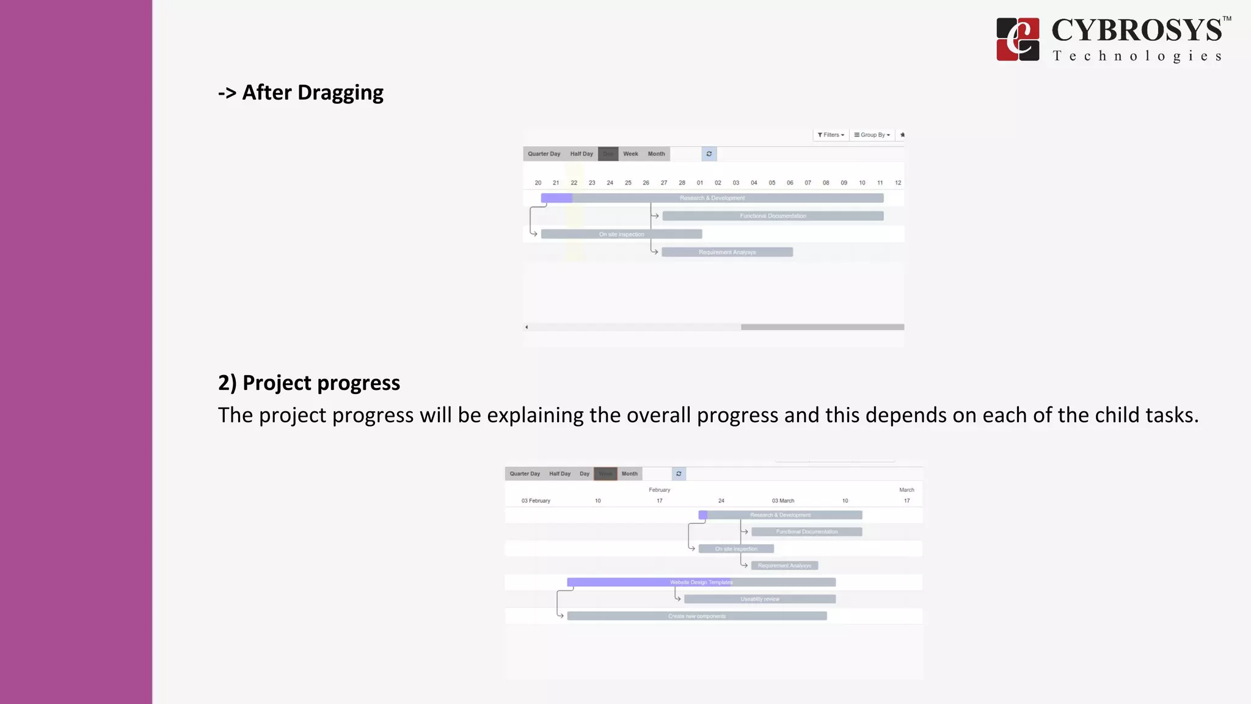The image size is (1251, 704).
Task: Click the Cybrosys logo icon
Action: click(1017, 39)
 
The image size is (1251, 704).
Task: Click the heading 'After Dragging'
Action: click(301, 92)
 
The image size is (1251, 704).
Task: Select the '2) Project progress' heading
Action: click(309, 383)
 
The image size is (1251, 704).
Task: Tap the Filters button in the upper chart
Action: click(831, 135)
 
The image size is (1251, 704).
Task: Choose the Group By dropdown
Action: click(872, 135)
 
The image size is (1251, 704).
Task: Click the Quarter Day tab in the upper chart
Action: click(544, 154)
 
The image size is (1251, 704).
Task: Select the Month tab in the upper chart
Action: click(656, 154)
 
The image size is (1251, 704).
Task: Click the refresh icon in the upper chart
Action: click(709, 154)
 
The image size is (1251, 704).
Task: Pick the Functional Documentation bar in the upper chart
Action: click(773, 216)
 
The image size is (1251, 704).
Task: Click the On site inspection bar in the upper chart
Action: click(621, 234)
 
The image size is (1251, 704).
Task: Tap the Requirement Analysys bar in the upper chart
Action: click(727, 252)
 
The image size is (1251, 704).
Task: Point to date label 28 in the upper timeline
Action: click(682, 183)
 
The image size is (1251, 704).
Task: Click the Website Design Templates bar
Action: click(701, 582)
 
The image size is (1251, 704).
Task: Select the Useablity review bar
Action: click(760, 599)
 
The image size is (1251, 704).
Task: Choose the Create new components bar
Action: click(697, 616)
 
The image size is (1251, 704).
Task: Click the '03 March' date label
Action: click(782, 501)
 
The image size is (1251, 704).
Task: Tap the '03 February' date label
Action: click(536, 501)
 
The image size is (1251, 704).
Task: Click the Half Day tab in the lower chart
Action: click(560, 474)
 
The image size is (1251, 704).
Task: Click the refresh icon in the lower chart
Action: click(679, 474)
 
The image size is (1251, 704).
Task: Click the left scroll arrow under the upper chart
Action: click(527, 327)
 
